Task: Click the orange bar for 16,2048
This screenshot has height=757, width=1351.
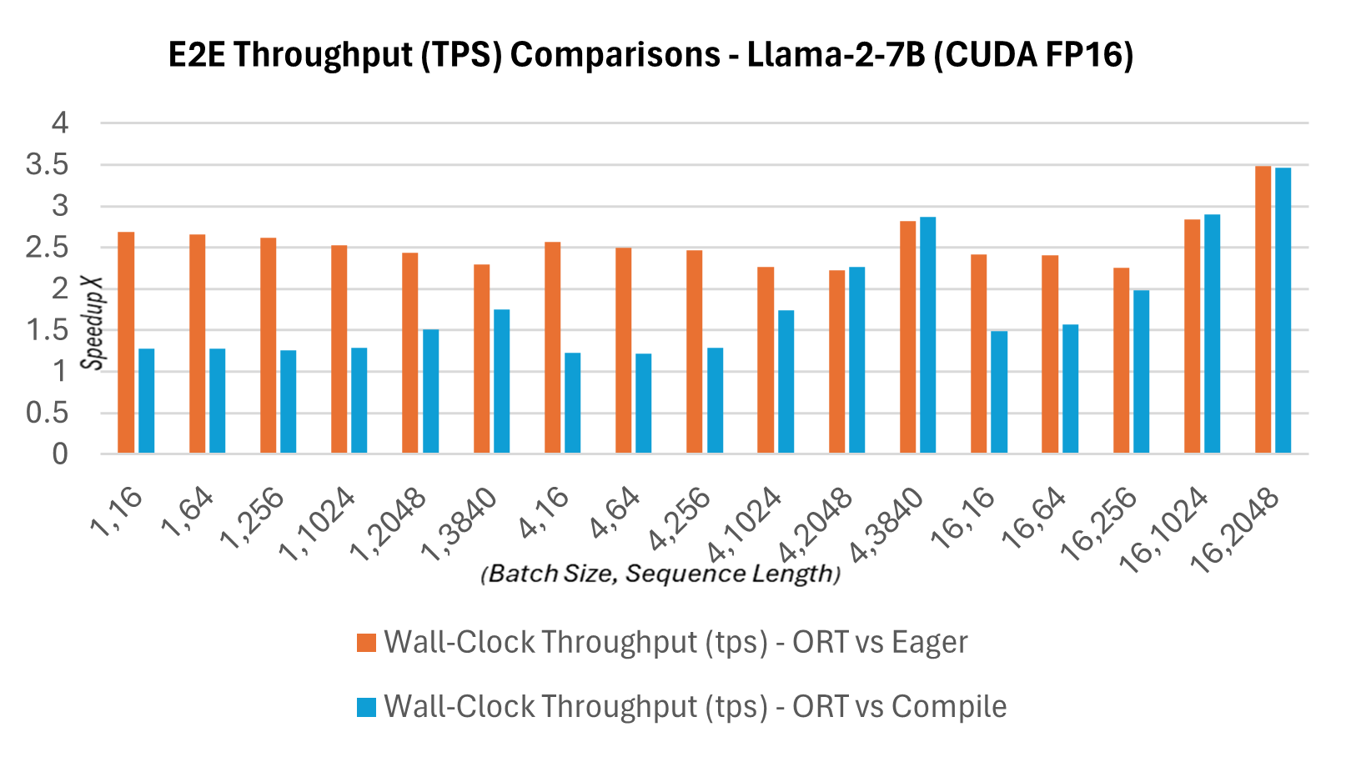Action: [1263, 310]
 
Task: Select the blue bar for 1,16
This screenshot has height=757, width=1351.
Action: [146, 401]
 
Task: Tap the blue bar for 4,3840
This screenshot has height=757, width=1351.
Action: [927, 335]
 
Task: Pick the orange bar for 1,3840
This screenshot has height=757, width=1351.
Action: [481, 358]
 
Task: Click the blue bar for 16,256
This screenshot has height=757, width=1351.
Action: [1141, 372]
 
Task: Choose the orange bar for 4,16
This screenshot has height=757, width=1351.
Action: [552, 348]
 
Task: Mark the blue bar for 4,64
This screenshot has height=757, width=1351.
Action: [643, 404]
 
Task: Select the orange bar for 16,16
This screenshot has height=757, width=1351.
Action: [978, 353]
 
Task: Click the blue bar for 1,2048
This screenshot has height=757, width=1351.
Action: [430, 392]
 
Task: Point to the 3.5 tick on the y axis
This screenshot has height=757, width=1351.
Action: [47, 165]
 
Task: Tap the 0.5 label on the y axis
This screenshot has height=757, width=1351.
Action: [47, 413]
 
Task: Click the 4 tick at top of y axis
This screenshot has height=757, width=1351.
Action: [60, 123]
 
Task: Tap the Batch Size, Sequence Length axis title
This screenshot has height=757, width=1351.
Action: [660, 574]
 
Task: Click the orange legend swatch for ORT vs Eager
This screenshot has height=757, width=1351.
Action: [366, 643]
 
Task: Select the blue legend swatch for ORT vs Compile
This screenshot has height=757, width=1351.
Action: [366, 707]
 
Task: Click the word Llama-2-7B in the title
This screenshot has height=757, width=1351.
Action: [836, 55]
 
